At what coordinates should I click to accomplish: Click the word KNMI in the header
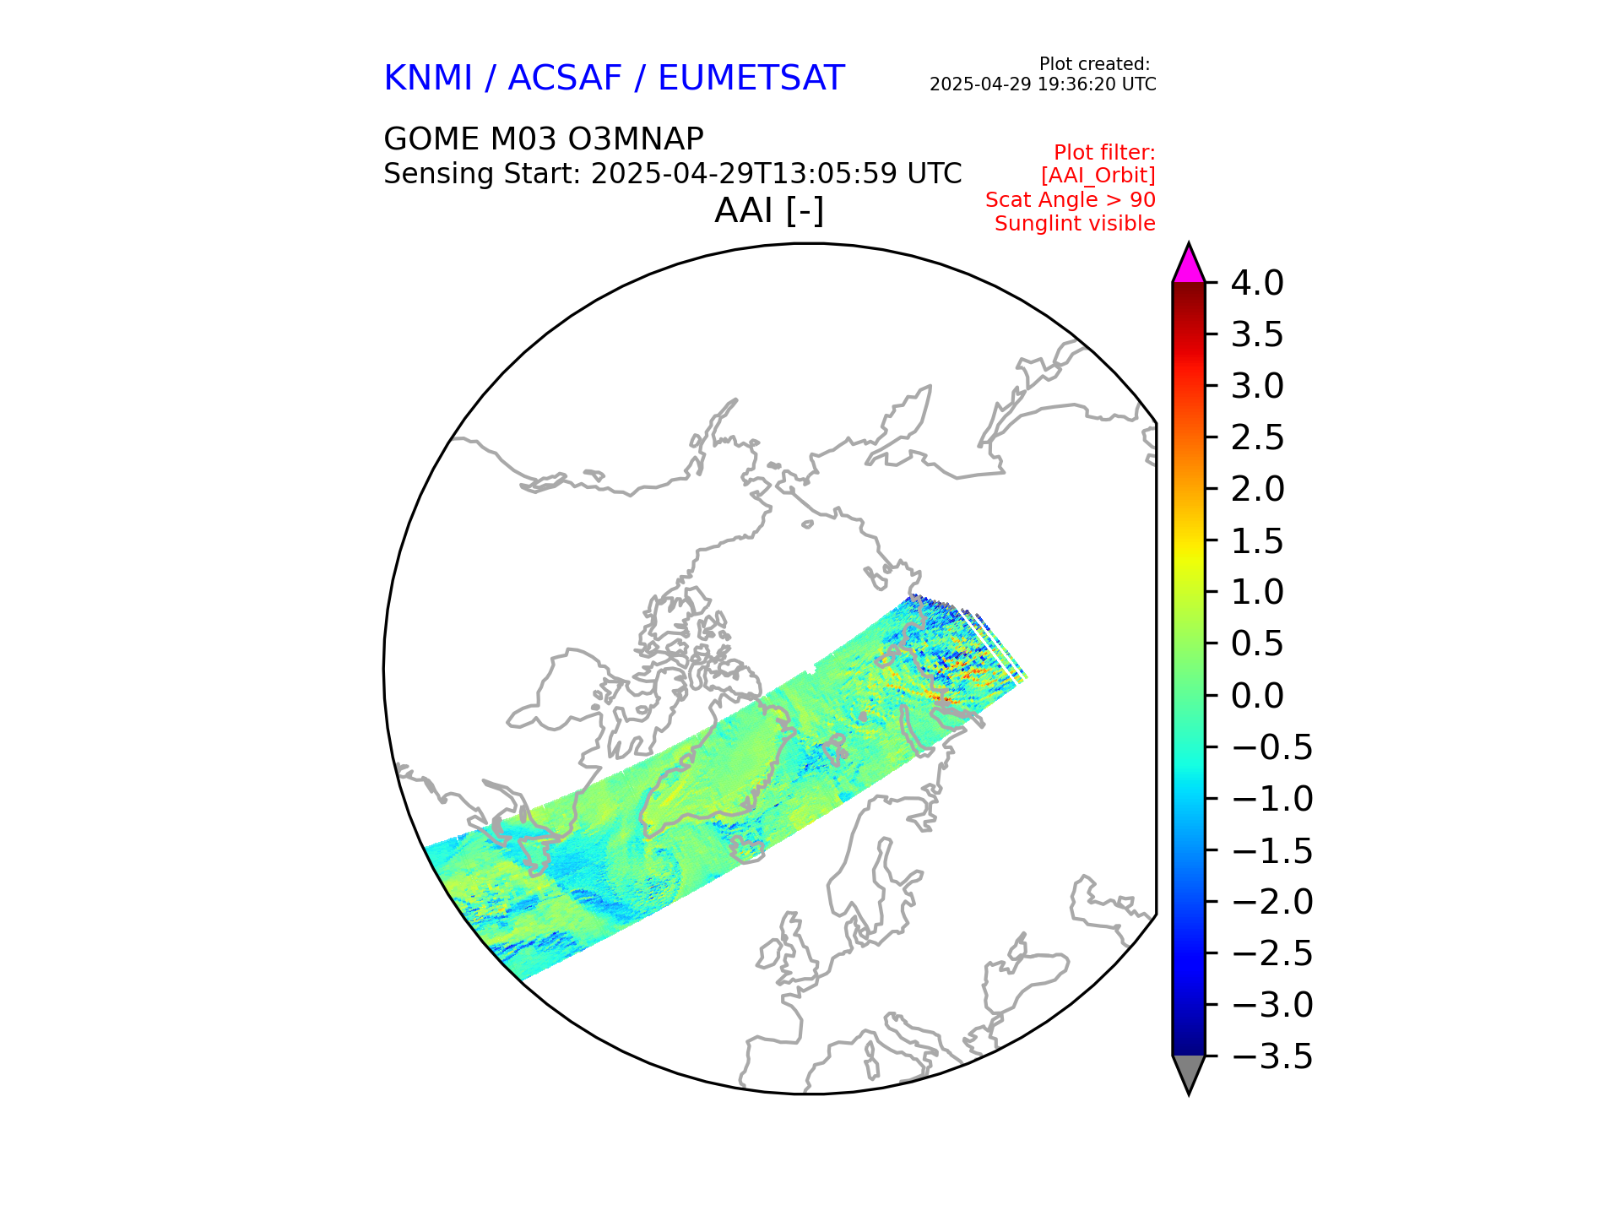[427, 79]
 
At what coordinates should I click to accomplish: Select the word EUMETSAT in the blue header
[751, 79]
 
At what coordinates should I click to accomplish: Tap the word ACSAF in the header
[564, 79]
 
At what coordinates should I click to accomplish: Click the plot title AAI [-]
[768, 210]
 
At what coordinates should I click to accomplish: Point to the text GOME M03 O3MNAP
[543, 139]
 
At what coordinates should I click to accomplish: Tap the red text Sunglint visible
[1074, 224]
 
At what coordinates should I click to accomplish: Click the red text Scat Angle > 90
[1070, 200]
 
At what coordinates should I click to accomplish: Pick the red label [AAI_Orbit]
[1098, 176]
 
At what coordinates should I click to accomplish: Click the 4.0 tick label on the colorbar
[1256, 284]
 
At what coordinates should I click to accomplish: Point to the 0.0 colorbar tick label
[1256, 696]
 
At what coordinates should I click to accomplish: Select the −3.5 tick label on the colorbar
[1271, 1056]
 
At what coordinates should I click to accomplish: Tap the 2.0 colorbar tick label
[1256, 489]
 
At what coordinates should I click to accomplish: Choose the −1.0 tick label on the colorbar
[1271, 799]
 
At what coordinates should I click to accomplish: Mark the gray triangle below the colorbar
[1188, 1072]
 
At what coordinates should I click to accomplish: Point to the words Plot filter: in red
[1104, 153]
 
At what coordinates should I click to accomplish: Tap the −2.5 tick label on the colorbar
[1271, 953]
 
